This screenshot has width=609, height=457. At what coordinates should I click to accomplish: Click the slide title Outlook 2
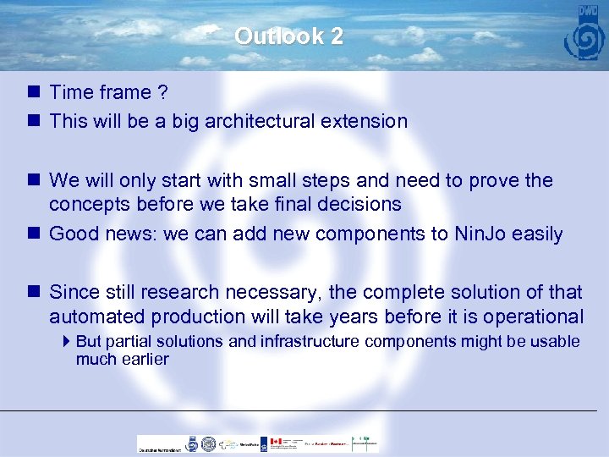pos(288,36)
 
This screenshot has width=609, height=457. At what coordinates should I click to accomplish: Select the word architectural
pos(258,121)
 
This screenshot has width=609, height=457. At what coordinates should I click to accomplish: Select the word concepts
pos(86,205)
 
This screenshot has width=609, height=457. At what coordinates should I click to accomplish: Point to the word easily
pos(537,234)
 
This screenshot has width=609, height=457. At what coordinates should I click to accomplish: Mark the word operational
pos(529,317)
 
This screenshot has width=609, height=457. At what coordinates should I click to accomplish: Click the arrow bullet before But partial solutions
pos(68,341)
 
